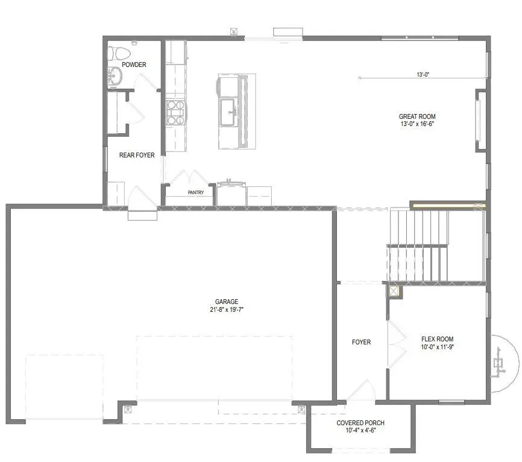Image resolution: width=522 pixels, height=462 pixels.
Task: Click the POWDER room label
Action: tap(134, 65)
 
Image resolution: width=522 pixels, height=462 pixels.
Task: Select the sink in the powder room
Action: tap(114, 76)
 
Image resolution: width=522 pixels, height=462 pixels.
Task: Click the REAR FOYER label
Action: tap(137, 155)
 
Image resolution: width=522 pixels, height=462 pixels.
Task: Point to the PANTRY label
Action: tap(195, 193)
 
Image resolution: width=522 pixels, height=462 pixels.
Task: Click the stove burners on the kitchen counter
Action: tap(175, 112)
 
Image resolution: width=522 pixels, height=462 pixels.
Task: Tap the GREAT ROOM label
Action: tap(417, 116)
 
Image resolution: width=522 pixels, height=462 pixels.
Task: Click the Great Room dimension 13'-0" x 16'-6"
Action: tap(417, 124)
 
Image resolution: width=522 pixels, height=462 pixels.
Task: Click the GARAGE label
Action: tap(227, 302)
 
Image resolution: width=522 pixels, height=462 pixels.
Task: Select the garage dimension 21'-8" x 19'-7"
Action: tap(227, 309)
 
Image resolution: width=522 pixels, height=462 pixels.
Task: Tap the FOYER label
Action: tap(361, 342)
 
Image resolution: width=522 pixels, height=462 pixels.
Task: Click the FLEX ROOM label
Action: tap(437, 339)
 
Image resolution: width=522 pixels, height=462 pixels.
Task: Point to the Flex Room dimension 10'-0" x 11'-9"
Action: tap(437, 347)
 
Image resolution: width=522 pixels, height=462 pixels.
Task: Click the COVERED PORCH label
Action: tap(360, 423)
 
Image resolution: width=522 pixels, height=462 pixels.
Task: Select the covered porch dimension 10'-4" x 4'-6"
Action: tap(360, 431)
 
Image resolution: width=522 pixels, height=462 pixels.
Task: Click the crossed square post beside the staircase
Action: tap(394, 291)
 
